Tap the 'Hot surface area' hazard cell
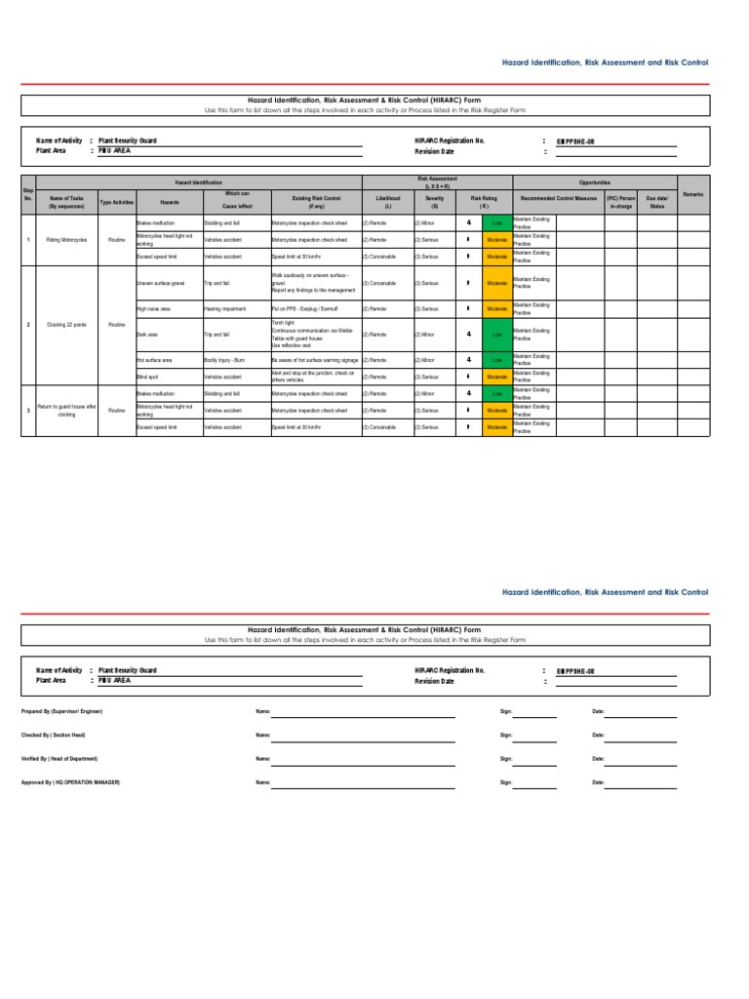coord(157,359)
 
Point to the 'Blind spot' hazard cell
coord(148,376)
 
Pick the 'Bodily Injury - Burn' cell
coord(224,359)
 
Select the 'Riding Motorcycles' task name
coord(66,239)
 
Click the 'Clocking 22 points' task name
coord(66,324)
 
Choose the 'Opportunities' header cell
coord(594,182)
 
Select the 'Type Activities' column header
coord(117,202)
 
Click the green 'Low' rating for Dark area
coord(495,334)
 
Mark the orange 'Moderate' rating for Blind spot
coord(495,376)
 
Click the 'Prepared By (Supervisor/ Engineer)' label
coord(61,711)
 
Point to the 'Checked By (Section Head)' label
coord(54,735)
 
